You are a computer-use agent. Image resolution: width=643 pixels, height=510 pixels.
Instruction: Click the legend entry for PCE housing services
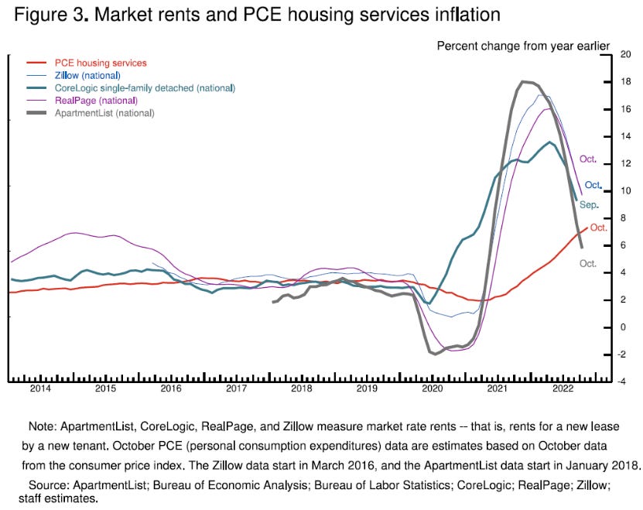pyautogui.click(x=100, y=63)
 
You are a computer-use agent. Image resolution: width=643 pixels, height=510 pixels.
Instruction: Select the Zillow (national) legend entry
pyautogui.click(x=87, y=75)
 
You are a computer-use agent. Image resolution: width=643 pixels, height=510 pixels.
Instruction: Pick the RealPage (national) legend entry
pyautogui.click(x=96, y=101)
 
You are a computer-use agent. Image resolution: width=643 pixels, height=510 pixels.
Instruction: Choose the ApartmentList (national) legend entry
pyautogui.click(x=104, y=113)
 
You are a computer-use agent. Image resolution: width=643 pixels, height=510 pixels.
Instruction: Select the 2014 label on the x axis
pyautogui.click(x=40, y=389)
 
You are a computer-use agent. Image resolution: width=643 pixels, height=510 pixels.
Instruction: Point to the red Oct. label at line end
pyautogui.click(x=599, y=228)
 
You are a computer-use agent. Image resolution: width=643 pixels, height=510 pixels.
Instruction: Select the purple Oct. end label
pyautogui.click(x=589, y=159)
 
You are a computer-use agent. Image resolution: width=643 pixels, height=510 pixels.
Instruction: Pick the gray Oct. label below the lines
pyautogui.click(x=589, y=263)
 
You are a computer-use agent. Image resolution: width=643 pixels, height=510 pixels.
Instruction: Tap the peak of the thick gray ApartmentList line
pyautogui.click(x=526, y=81)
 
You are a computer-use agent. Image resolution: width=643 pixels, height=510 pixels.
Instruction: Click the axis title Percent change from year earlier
pyautogui.click(x=523, y=45)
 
